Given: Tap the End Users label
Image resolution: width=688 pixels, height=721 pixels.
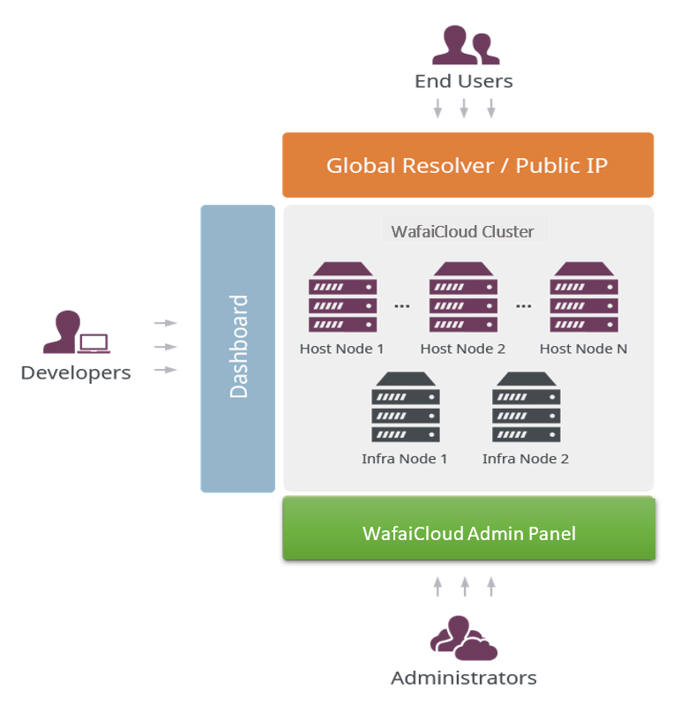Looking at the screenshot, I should (463, 81).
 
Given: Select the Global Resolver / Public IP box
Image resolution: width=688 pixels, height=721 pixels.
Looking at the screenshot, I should (467, 165).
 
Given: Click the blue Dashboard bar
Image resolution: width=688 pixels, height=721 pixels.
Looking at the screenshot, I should (238, 348).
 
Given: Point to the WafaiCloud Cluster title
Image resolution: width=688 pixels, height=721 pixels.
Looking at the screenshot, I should (463, 231).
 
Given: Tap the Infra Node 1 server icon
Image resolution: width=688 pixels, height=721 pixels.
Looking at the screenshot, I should (405, 407).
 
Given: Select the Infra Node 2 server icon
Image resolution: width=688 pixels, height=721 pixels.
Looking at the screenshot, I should (526, 407).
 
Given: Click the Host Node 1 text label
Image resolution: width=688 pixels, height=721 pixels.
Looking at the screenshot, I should (341, 349).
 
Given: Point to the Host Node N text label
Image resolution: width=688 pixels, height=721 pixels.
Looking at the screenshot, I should (583, 349).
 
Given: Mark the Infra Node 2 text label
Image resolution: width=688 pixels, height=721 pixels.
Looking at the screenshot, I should (525, 459).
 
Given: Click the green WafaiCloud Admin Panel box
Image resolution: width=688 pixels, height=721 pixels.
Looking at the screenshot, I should (468, 533).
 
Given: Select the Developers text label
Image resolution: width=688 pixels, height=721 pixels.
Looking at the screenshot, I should (76, 372).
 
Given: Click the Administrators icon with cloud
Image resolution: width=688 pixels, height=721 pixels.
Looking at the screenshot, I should (463, 639).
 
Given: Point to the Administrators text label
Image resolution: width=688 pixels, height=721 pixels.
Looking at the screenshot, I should (463, 679).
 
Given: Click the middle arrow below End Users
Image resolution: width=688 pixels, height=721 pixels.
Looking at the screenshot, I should (464, 109).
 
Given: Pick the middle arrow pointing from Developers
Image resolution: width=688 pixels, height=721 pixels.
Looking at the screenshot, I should (166, 347).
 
